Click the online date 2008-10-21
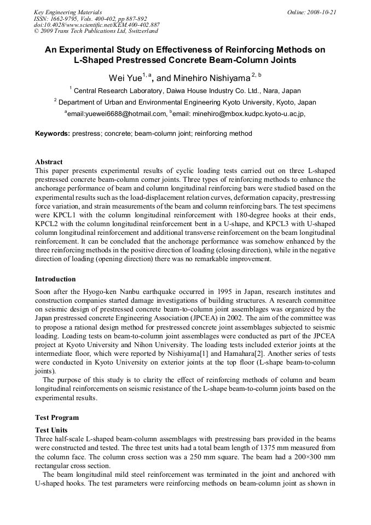tap(321, 11)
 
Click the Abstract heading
tap(49, 162)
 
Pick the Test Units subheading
tap(51, 430)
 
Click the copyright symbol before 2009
tap(36, 31)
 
